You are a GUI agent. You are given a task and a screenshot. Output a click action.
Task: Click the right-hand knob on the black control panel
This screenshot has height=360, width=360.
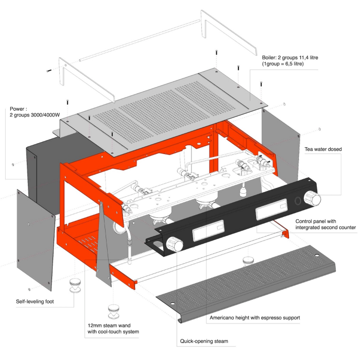pyautogui.click(x=313, y=198)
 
